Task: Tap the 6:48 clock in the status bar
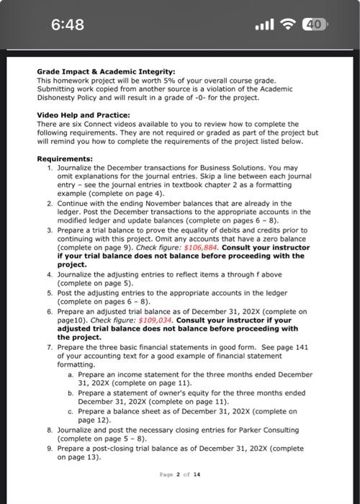coord(68,24)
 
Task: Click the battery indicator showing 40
coord(315,24)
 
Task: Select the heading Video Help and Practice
coord(83,115)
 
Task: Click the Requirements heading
coord(65,158)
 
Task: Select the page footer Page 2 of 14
coord(180,474)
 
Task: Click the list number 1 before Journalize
coord(50,167)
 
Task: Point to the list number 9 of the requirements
coord(50,448)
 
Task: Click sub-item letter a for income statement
coord(70,374)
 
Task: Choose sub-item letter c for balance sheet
coord(70,411)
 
